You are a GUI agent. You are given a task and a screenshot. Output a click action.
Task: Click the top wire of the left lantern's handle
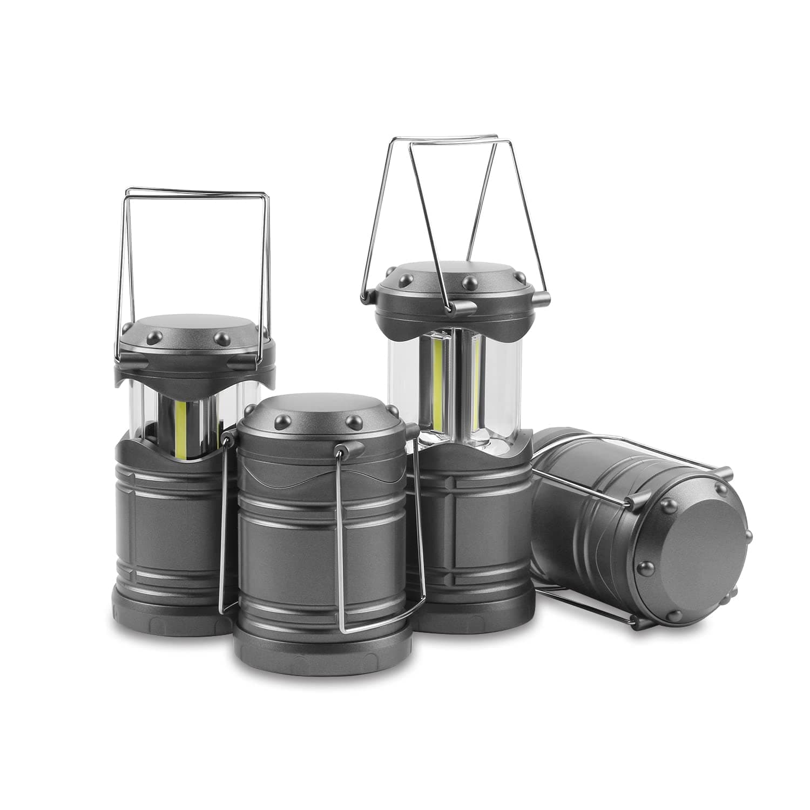pos(194,191)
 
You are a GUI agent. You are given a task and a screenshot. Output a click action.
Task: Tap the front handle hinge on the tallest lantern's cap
pos(463,308)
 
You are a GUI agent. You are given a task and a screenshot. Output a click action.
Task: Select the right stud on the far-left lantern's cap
pos(221,339)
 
